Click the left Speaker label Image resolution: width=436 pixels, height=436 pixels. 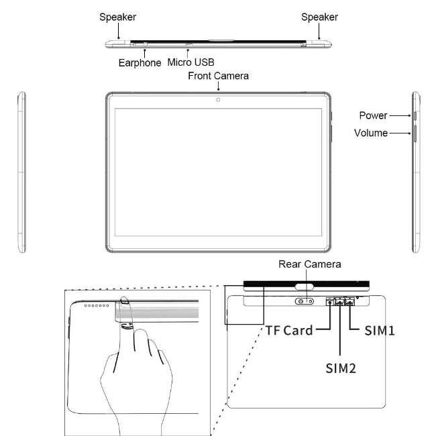pos(117,17)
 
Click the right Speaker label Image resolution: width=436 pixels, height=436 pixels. pos(319,17)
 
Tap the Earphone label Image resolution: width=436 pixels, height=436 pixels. pos(140,63)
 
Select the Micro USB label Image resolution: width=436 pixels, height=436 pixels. pos(190,62)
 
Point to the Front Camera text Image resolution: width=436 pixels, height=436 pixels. pos(218,76)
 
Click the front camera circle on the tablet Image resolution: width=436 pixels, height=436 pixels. pos(218,100)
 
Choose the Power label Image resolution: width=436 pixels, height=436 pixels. pos(373,115)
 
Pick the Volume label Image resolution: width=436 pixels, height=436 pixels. pos(371,133)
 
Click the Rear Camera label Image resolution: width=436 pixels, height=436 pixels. pos(310,264)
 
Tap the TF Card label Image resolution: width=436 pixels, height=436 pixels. pos(289,331)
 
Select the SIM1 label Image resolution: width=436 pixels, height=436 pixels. pos(380,331)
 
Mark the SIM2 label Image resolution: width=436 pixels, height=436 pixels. pos(341,368)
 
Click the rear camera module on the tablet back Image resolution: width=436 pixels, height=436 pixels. pos(305,301)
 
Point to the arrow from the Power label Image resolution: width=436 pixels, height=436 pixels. pos(400,115)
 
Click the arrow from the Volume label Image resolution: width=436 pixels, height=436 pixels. pos(400,133)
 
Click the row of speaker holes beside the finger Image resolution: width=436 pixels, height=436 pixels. pos(97,306)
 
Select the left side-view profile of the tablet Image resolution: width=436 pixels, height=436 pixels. pos(22,172)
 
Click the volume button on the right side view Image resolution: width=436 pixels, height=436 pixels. pos(415,133)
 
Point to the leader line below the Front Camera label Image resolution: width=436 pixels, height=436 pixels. pos(218,86)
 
